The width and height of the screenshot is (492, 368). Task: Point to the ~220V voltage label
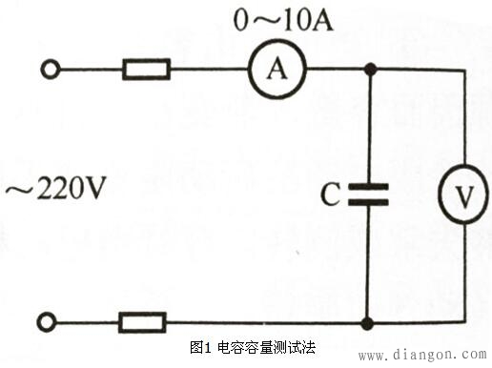coord(54,190)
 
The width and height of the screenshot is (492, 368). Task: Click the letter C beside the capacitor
coord(329,197)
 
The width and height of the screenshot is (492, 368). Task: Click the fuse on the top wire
coord(146,69)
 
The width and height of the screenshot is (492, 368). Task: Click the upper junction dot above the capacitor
coord(369,69)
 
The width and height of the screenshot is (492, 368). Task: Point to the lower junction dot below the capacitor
coord(369,323)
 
